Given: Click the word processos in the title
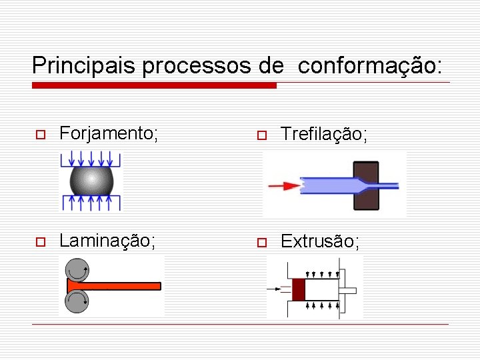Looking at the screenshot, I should pyautogui.click(x=198, y=65).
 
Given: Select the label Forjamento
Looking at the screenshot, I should pyautogui.click(x=109, y=133).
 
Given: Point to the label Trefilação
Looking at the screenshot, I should pyautogui.click(x=323, y=134).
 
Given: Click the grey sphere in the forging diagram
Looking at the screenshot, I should pyautogui.click(x=91, y=180).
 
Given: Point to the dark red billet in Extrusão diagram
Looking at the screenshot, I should pyautogui.click(x=298, y=289).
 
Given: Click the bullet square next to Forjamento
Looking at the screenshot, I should pyautogui.click(x=40, y=135).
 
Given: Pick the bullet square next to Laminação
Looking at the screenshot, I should pyautogui.click(x=40, y=241).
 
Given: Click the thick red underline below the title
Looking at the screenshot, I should pyautogui.click(x=154, y=85).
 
